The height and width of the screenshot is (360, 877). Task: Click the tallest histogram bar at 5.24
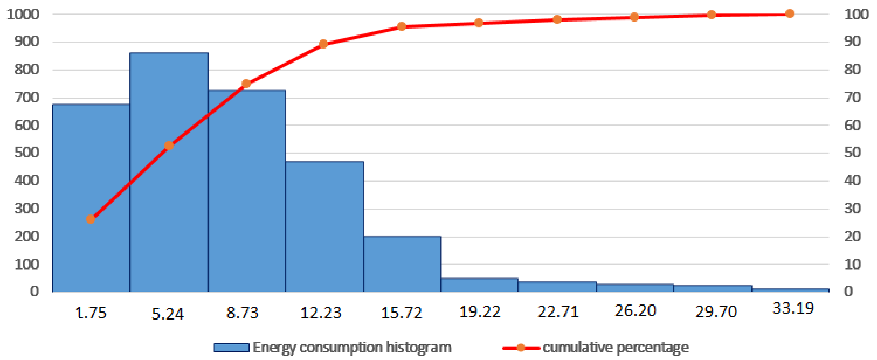click(x=169, y=204)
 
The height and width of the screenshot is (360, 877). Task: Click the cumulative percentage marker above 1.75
click(x=91, y=219)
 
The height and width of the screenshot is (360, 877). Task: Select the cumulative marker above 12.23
click(x=324, y=44)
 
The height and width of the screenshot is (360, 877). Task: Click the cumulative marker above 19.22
click(x=479, y=23)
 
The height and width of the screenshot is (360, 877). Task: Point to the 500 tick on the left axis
click(x=26, y=152)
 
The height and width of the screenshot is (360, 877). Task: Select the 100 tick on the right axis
click(x=857, y=14)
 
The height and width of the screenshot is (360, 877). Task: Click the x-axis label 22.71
click(x=558, y=312)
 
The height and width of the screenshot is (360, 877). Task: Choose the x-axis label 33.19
click(x=793, y=309)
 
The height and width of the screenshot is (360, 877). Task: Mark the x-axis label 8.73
click(x=242, y=312)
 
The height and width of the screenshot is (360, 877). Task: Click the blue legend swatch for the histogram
click(x=231, y=348)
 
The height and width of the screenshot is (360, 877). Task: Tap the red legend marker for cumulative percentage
click(x=521, y=348)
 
